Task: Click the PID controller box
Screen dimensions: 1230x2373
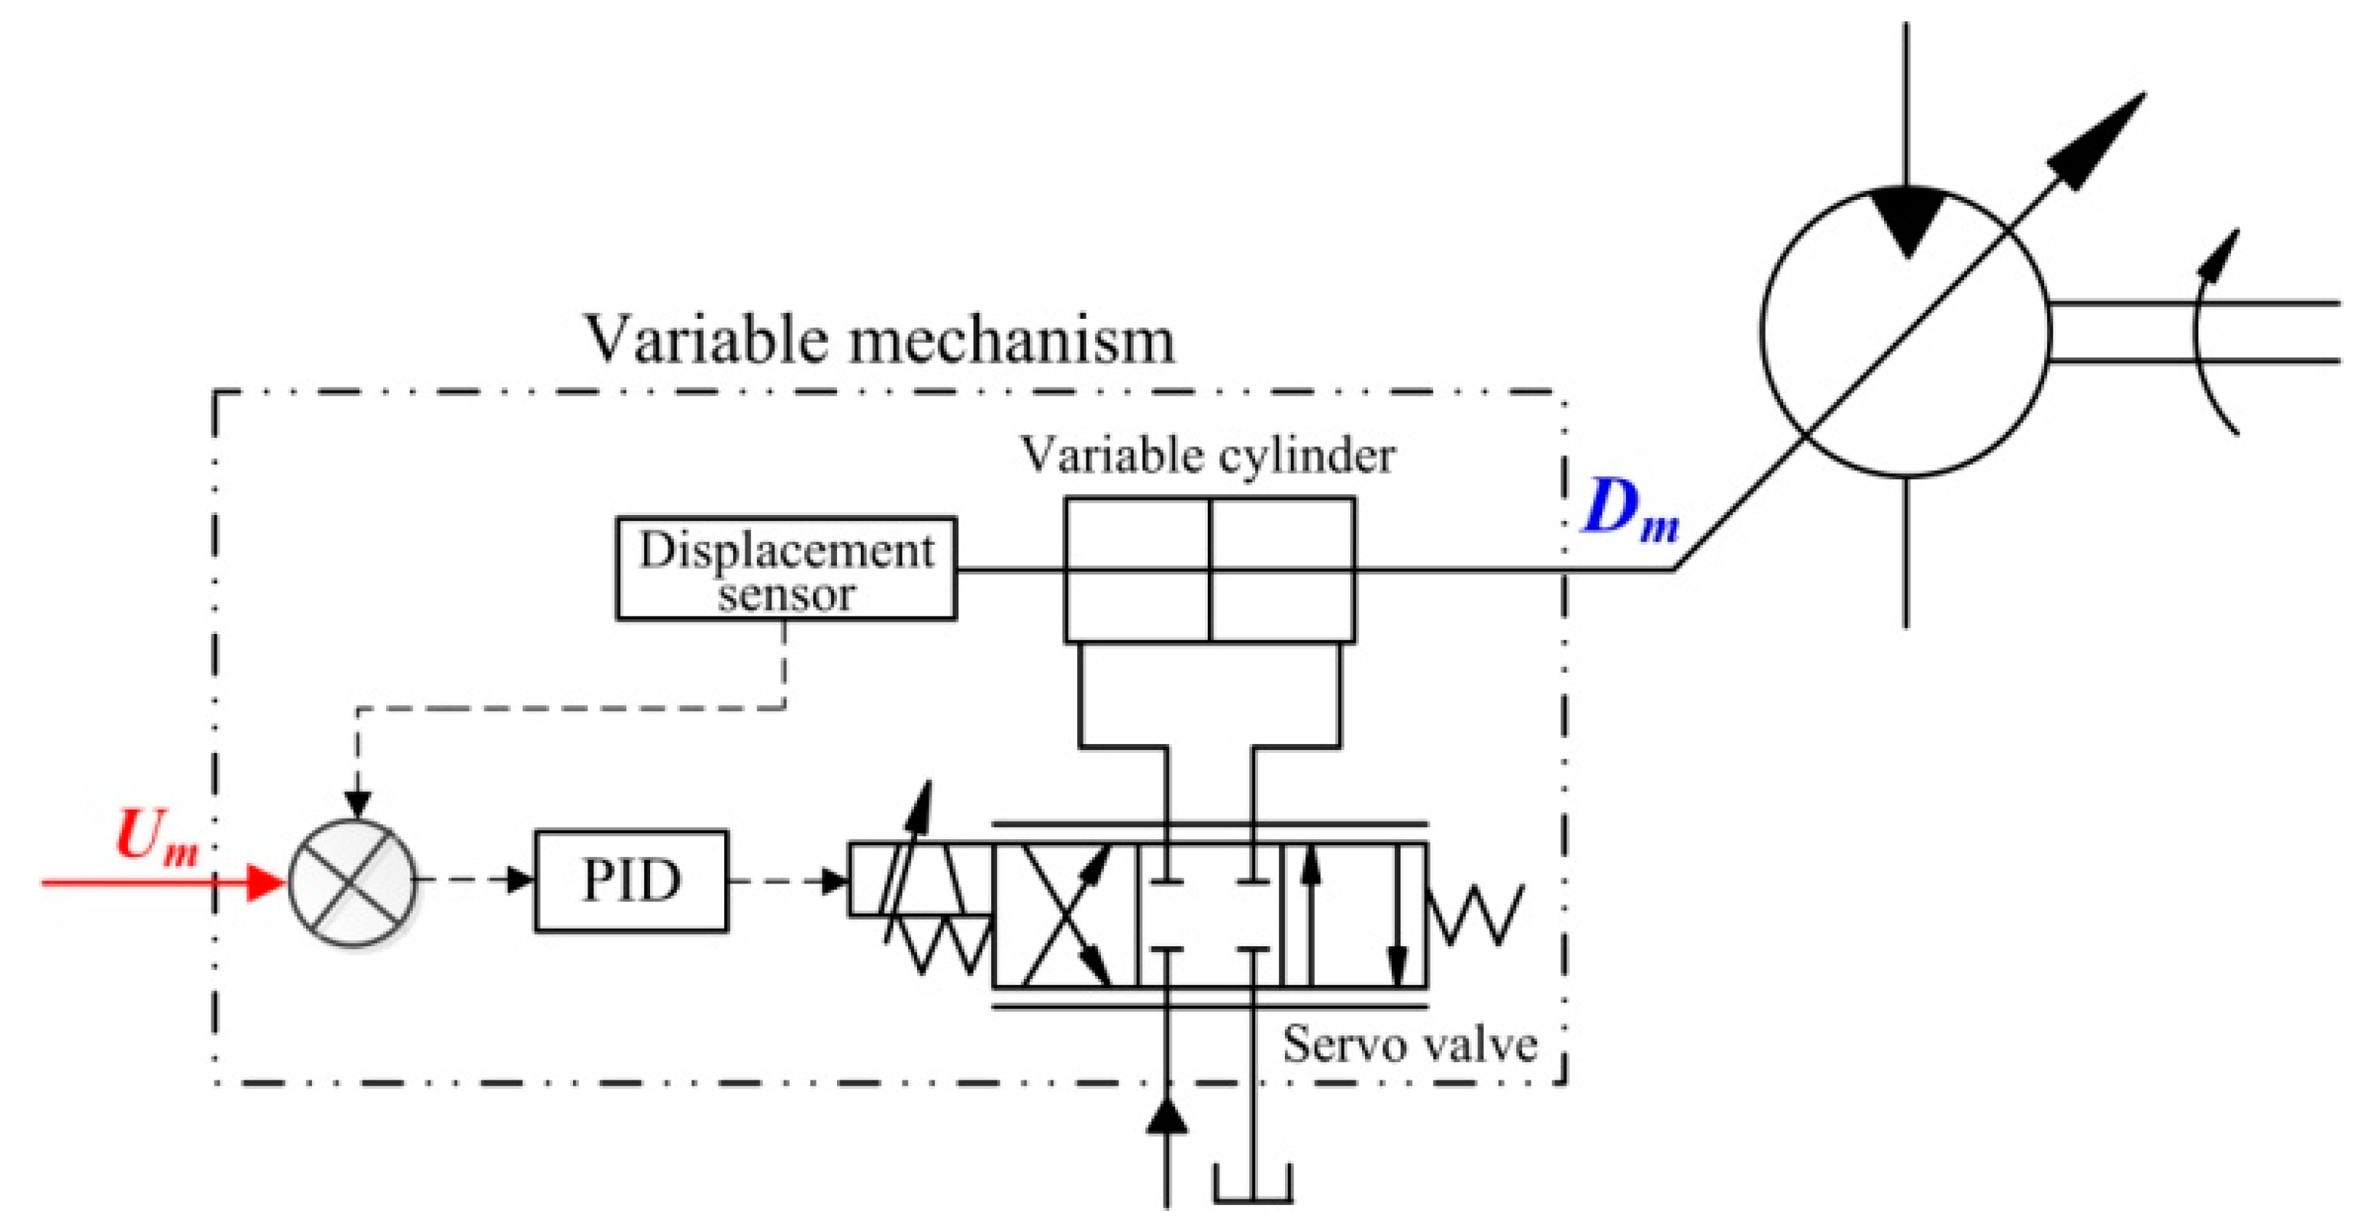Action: [631, 880]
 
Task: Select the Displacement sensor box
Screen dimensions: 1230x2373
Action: [786, 568]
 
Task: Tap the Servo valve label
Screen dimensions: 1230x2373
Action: [1409, 1045]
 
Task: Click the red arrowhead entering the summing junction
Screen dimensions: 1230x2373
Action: [267, 882]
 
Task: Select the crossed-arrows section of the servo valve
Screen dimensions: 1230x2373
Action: [1065, 914]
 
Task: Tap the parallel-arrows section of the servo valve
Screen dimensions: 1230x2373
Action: [1354, 914]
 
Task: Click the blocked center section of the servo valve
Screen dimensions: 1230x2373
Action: [1209, 914]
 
